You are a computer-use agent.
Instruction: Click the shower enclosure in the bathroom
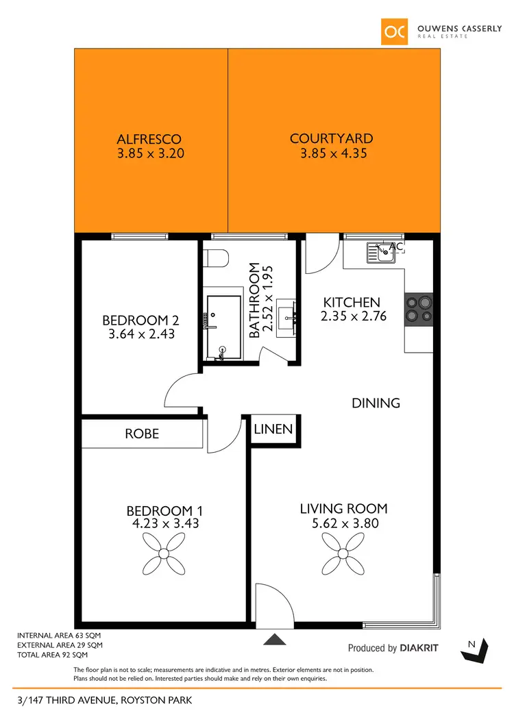click(223, 327)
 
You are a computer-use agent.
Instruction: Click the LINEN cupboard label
click(273, 430)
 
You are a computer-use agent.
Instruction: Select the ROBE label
click(142, 434)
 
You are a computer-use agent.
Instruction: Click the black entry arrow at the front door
click(275, 640)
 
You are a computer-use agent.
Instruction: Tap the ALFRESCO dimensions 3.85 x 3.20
click(149, 154)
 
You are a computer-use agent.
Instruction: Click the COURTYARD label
click(331, 139)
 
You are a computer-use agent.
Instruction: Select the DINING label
click(376, 403)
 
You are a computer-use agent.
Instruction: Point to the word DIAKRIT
click(419, 648)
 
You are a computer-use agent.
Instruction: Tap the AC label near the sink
click(396, 247)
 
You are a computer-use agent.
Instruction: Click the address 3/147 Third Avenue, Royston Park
click(104, 700)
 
